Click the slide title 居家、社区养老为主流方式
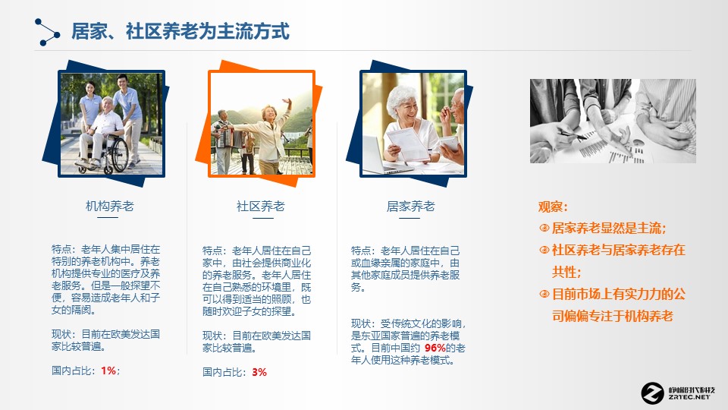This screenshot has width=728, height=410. pyautogui.click(x=180, y=32)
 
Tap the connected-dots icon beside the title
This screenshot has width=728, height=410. pyautogui.click(x=46, y=32)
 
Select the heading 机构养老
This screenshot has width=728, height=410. pyautogui.click(x=109, y=206)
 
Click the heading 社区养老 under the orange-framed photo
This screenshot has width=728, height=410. pyautogui.click(x=260, y=206)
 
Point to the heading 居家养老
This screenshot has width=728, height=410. pyautogui.click(x=411, y=206)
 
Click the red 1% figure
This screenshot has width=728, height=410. pyautogui.click(x=108, y=371)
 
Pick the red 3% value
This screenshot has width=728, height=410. pyautogui.click(x=259, y=372)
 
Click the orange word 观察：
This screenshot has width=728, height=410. pyautogui.click(x=553, y=207)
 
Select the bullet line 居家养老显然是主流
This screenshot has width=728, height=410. pyautogui.click(x=608, y=228)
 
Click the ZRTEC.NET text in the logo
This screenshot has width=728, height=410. pyautogui.click(x=690, y=396)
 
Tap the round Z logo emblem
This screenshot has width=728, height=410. pyautogui.click(x=652, y=393)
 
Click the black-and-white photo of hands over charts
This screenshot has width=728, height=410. pyautogui.click(x=612, y=121)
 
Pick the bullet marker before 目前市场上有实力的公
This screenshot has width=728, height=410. pyautogui.click(x=544, y=295)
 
